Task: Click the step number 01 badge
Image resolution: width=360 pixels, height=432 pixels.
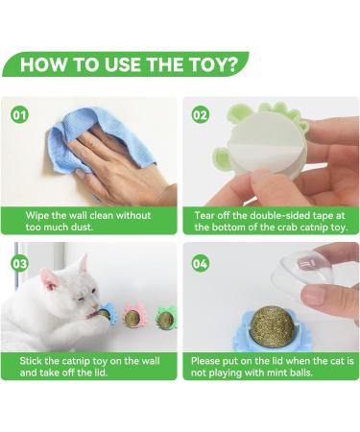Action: click(20, 114)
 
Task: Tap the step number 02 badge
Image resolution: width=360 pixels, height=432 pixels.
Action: click(201, 114)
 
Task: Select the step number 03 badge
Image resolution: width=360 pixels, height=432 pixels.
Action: click(20, 263)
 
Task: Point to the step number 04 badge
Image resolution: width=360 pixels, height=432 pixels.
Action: click(201, 263)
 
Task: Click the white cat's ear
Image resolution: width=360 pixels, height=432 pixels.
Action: click(84, 263)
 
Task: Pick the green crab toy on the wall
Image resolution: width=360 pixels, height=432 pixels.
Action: click(166, 318)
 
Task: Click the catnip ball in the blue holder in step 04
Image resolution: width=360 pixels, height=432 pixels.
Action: click(272, 326)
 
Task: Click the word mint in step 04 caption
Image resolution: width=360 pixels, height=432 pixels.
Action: click(277, 372)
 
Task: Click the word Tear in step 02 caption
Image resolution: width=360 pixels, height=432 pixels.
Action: click(204, 215)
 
